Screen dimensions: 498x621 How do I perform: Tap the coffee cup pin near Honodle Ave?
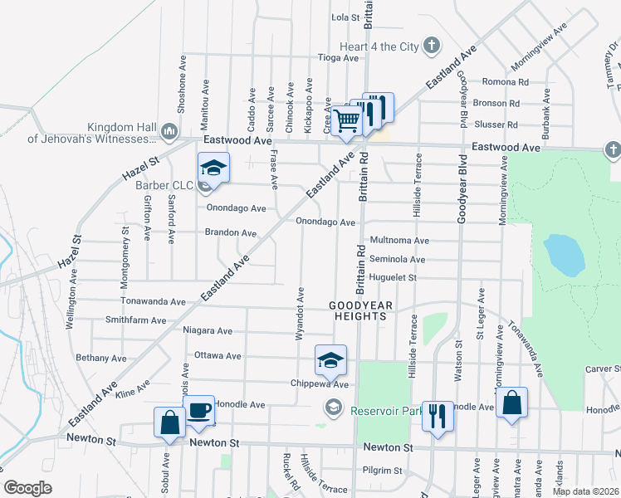coord(199,411)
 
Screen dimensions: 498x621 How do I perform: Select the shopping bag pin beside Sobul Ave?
coord(169,422)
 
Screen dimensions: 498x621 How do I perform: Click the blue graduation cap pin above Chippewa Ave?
coord(330,360)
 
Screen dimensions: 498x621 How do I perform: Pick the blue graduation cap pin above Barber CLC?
coord(213,168)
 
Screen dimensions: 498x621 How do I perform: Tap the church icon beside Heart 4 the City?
coord(431,46)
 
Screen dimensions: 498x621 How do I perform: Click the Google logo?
coord(27,487)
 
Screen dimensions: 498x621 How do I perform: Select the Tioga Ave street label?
coord(339,58)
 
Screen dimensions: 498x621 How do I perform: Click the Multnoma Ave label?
coord(399,240)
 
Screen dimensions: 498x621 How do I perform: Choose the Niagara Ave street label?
coord(208,330)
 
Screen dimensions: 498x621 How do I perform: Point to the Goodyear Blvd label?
coord(461,188)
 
